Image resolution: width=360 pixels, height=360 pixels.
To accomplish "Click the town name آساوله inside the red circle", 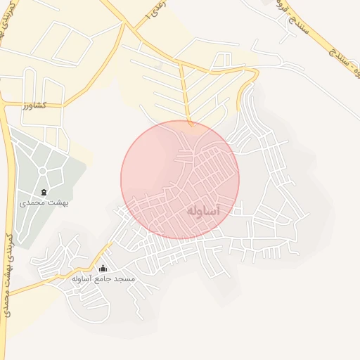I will tap(205, 211).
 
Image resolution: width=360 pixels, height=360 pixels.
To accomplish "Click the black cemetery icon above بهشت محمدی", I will tap(44, 192).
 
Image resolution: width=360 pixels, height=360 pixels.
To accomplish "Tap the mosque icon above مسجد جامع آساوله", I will tap(103, 268).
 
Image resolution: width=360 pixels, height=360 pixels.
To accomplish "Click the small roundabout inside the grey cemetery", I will tap(42, 171).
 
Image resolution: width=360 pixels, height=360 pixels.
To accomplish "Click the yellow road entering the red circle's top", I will tap(188, 105).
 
